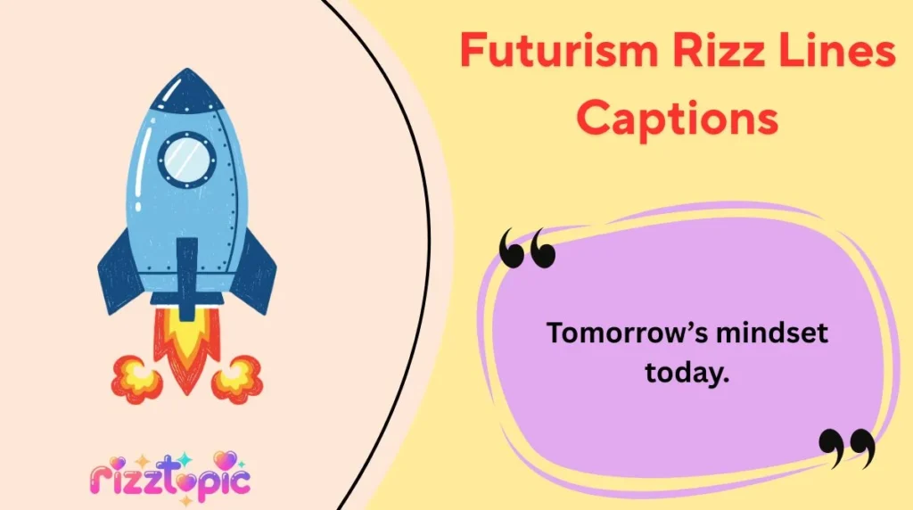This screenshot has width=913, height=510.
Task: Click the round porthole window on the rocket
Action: coord(187,159)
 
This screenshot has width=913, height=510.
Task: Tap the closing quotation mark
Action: coord(846,448)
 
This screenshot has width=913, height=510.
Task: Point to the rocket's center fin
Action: coord(187,272)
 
